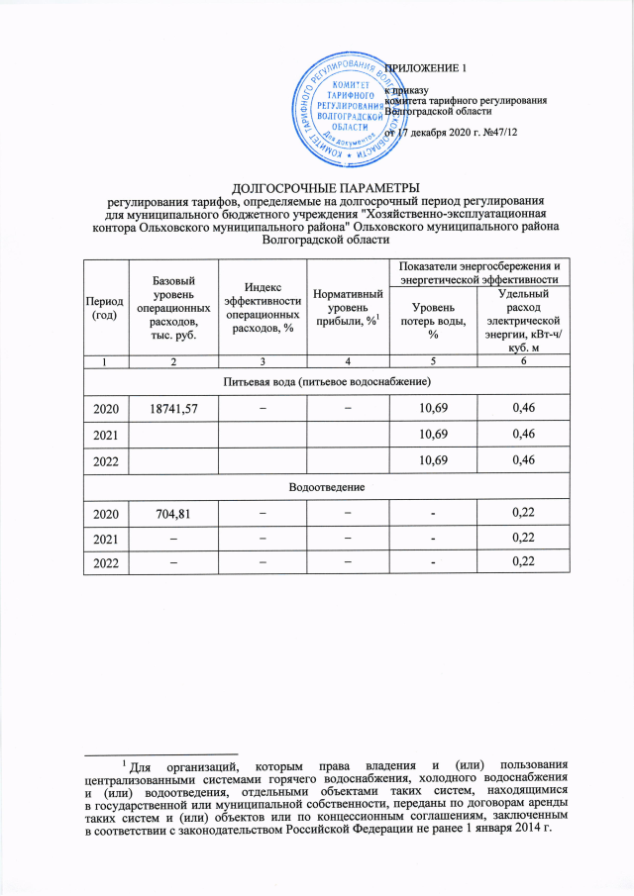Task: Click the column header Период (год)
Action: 105,307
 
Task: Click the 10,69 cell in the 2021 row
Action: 433,435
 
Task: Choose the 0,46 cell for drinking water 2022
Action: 522,461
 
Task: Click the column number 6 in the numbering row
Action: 522,361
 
